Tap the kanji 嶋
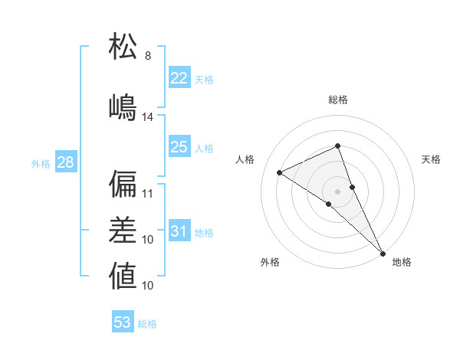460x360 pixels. tap(123, 106)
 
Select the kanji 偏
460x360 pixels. tap(123, 184)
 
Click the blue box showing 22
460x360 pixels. tap(179, 78)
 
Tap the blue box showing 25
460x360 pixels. tap(179, 147)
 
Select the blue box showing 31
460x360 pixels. tap(179, 232)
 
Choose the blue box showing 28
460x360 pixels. tap(65, 162)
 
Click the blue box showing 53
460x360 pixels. tap(123, 322)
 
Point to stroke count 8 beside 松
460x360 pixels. tap(148, 56)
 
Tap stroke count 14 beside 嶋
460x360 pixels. tap(148, 117)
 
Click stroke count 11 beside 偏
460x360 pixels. tap(148, 194)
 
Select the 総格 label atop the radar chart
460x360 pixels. tap(337, 100)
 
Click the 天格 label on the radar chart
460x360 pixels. tap(431, 159)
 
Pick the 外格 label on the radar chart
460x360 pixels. tap(270, 262)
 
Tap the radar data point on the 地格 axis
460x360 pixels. tap(383, 252)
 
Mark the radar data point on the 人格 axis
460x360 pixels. tap(279, 172)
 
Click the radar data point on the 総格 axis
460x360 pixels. tap(337, 146)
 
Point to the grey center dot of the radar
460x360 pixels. tap(337, 191)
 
